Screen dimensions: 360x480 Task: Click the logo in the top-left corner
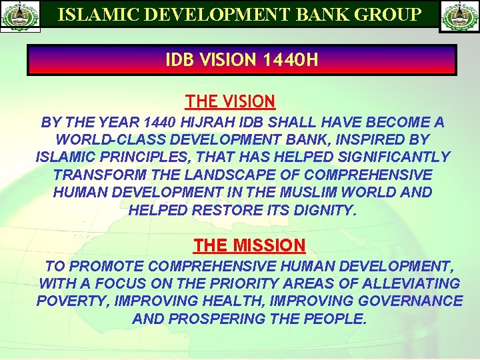tap(21, 17)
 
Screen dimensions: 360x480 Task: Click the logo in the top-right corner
tap(459, 17)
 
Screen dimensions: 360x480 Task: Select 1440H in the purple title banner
tap(291, 61)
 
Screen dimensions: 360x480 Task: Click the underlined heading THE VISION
tap(230, 101)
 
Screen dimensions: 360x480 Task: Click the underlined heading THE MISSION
tap(249, 245)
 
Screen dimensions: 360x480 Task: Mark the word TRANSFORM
tap(93, 175)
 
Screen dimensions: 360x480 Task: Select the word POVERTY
tap(73, 301)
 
